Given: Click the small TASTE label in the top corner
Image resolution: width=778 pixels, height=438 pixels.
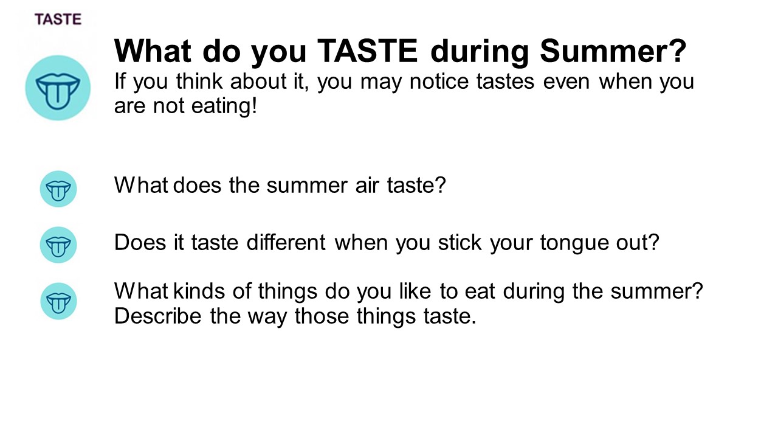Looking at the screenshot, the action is pos(58,19).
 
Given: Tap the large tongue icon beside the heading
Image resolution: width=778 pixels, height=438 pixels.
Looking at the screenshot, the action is pos(58,88).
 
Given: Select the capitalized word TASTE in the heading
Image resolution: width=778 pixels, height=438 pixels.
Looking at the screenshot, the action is pos(367,51).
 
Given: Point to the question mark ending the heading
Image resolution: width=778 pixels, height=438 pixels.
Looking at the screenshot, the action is pos(678,50).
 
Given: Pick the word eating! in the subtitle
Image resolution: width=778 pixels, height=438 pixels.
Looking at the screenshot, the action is pos(224,106).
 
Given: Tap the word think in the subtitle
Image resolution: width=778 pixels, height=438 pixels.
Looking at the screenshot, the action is pos(199,82).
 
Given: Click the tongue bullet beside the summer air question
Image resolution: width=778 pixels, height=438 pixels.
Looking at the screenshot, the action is pos(58,189).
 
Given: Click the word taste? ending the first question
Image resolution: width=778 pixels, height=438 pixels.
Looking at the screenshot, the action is pos(416,185).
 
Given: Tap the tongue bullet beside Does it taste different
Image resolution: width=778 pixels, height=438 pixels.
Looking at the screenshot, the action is pos(58,245).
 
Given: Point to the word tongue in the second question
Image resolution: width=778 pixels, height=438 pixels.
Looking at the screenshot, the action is pos(574,243).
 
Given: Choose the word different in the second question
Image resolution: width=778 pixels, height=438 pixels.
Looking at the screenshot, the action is pos(286,242).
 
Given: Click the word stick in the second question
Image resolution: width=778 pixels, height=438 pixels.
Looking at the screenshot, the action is pos(460,242).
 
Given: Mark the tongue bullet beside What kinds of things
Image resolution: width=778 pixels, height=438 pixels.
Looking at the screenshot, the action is pos(58,301).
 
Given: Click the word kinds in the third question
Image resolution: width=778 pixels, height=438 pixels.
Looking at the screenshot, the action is pos(199,291).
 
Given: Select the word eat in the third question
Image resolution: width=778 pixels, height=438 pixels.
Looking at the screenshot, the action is pos(480,291).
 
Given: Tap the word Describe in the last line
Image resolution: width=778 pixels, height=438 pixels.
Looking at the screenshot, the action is pos(157,316).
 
